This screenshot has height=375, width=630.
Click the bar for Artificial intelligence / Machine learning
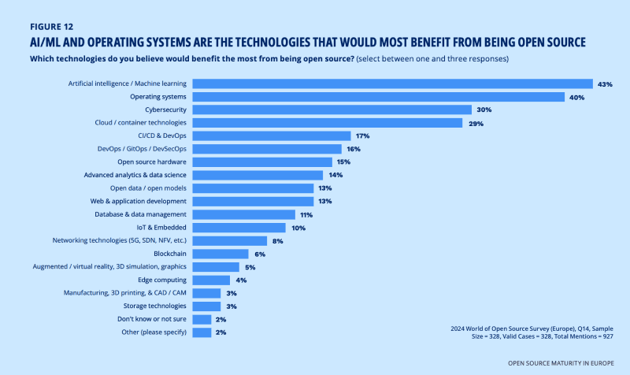[392, 84]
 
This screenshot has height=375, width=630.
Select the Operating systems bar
[379, 97]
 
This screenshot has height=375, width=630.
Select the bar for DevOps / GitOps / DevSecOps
[267, 149]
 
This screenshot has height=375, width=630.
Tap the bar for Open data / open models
[253, 188]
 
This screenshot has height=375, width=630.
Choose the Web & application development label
[135, 201]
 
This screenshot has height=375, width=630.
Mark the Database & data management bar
[243, 214]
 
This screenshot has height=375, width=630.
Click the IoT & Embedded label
[163, 227]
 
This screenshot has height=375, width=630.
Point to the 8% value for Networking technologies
[278, 240]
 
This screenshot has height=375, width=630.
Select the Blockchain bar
[220, 254]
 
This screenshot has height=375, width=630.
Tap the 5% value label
[250, 267]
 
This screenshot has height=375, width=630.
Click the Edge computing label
[161, 280]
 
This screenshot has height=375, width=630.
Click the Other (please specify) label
[151, 332]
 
